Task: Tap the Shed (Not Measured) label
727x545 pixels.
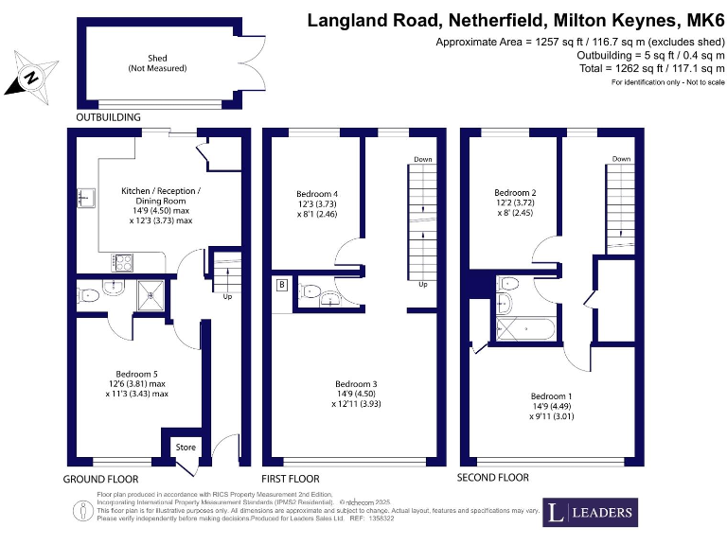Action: (157, 63)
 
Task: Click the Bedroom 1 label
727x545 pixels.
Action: (552, 396)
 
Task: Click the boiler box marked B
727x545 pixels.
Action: (281, 284)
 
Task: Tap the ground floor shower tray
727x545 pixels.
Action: (151, 295)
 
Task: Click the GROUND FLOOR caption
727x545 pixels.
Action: (100, 478)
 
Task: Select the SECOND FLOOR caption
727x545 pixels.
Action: (493, 478)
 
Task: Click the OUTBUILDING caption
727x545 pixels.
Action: (108, 117)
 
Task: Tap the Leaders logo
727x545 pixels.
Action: (590, 512)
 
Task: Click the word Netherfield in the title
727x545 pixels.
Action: (505, 20)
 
